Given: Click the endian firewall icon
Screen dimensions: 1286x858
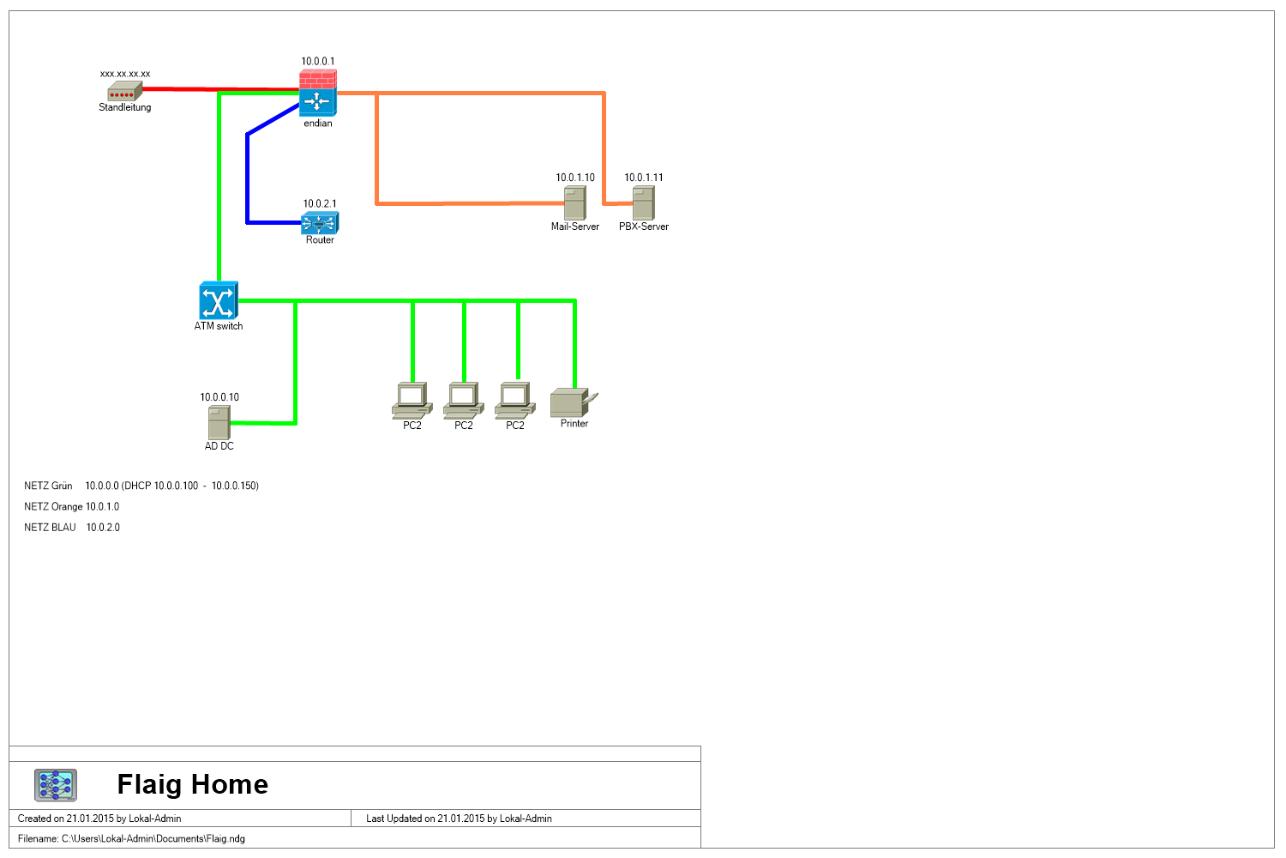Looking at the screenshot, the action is pos(317,94).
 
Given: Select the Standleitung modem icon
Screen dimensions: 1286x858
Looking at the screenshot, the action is pos(124,91).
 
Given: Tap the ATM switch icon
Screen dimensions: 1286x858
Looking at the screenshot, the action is pos(218,300).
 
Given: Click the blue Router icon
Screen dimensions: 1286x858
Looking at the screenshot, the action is pos(320,223).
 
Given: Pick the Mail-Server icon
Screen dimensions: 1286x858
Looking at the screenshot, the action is pos(574,202).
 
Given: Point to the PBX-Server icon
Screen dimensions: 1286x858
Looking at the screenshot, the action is pos(643,202).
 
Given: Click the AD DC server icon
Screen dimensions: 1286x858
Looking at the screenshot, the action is pos(219,422).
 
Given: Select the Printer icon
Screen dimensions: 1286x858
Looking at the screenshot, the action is pos(574,403).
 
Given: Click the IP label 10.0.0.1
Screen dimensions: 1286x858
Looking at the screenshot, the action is pos(318,62).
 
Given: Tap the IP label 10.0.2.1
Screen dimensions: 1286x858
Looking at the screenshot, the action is pos(320,204).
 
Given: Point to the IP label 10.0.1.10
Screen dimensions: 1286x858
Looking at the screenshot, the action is pos(575,178).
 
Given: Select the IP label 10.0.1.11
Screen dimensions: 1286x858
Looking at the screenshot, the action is pos(644,178).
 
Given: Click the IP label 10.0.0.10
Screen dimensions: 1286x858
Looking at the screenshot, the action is pos(219,397).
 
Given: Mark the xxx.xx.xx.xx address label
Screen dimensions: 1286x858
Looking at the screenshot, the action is pos(125,74).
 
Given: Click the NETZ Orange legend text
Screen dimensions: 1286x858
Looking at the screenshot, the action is pos(72,507).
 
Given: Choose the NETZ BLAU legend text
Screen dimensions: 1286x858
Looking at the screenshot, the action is pos(72,528).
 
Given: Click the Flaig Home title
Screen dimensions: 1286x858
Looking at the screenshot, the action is pos(192,784).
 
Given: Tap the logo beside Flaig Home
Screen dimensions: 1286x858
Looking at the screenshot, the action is pos(56,785).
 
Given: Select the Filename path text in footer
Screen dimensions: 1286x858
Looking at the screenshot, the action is pos(131,839).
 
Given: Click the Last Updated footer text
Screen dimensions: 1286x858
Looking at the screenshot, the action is pos(459,819).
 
